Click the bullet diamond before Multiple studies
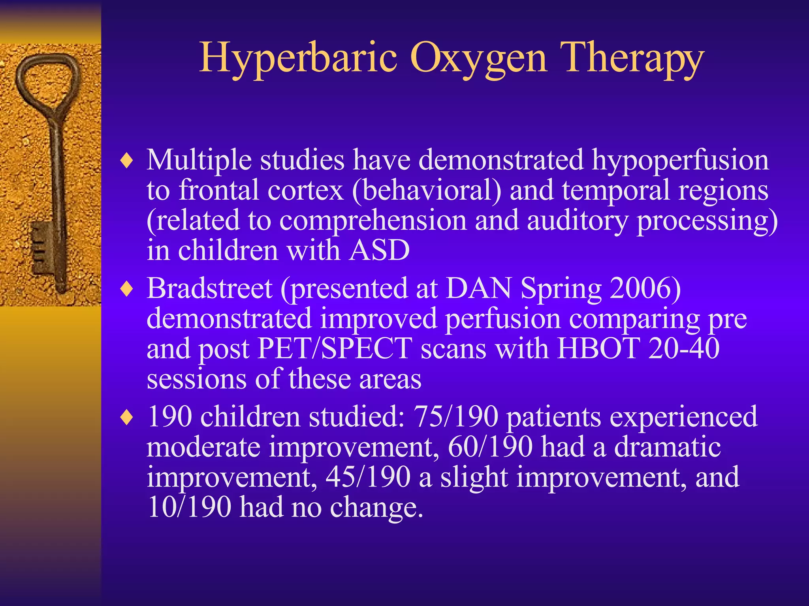pos(126,161)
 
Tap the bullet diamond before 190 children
pos(126,418)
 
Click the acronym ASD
pos(379,251)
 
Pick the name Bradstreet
pos(209,288)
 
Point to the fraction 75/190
pos(455,417)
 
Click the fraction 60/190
pos(490,447)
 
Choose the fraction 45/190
pos(368,477)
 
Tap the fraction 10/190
pos(189,507)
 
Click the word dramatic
pos(667,447)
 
